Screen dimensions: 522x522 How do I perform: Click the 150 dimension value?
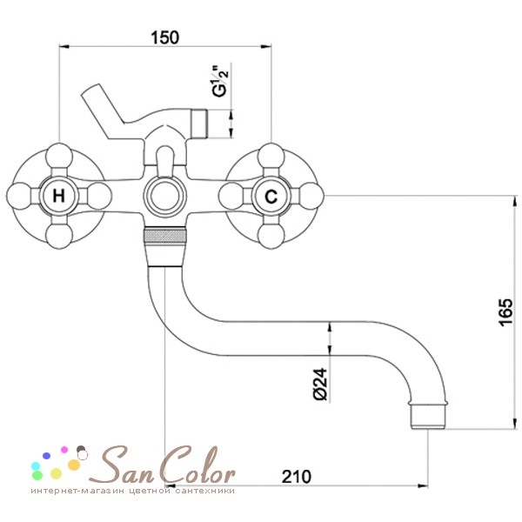pos(164,37)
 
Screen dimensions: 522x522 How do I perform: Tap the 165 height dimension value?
pos(505,312)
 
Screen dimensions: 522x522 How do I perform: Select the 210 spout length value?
pos(297,477)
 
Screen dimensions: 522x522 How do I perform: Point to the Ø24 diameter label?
pos(320,384)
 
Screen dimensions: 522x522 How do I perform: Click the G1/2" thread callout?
pos(221,82)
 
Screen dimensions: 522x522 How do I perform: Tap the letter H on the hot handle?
pos(59,196)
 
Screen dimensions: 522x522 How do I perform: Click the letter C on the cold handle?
pos(271,196)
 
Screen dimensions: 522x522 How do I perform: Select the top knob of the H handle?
pos(59,156)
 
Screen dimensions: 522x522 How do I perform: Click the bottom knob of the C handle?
pos(271,236)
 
